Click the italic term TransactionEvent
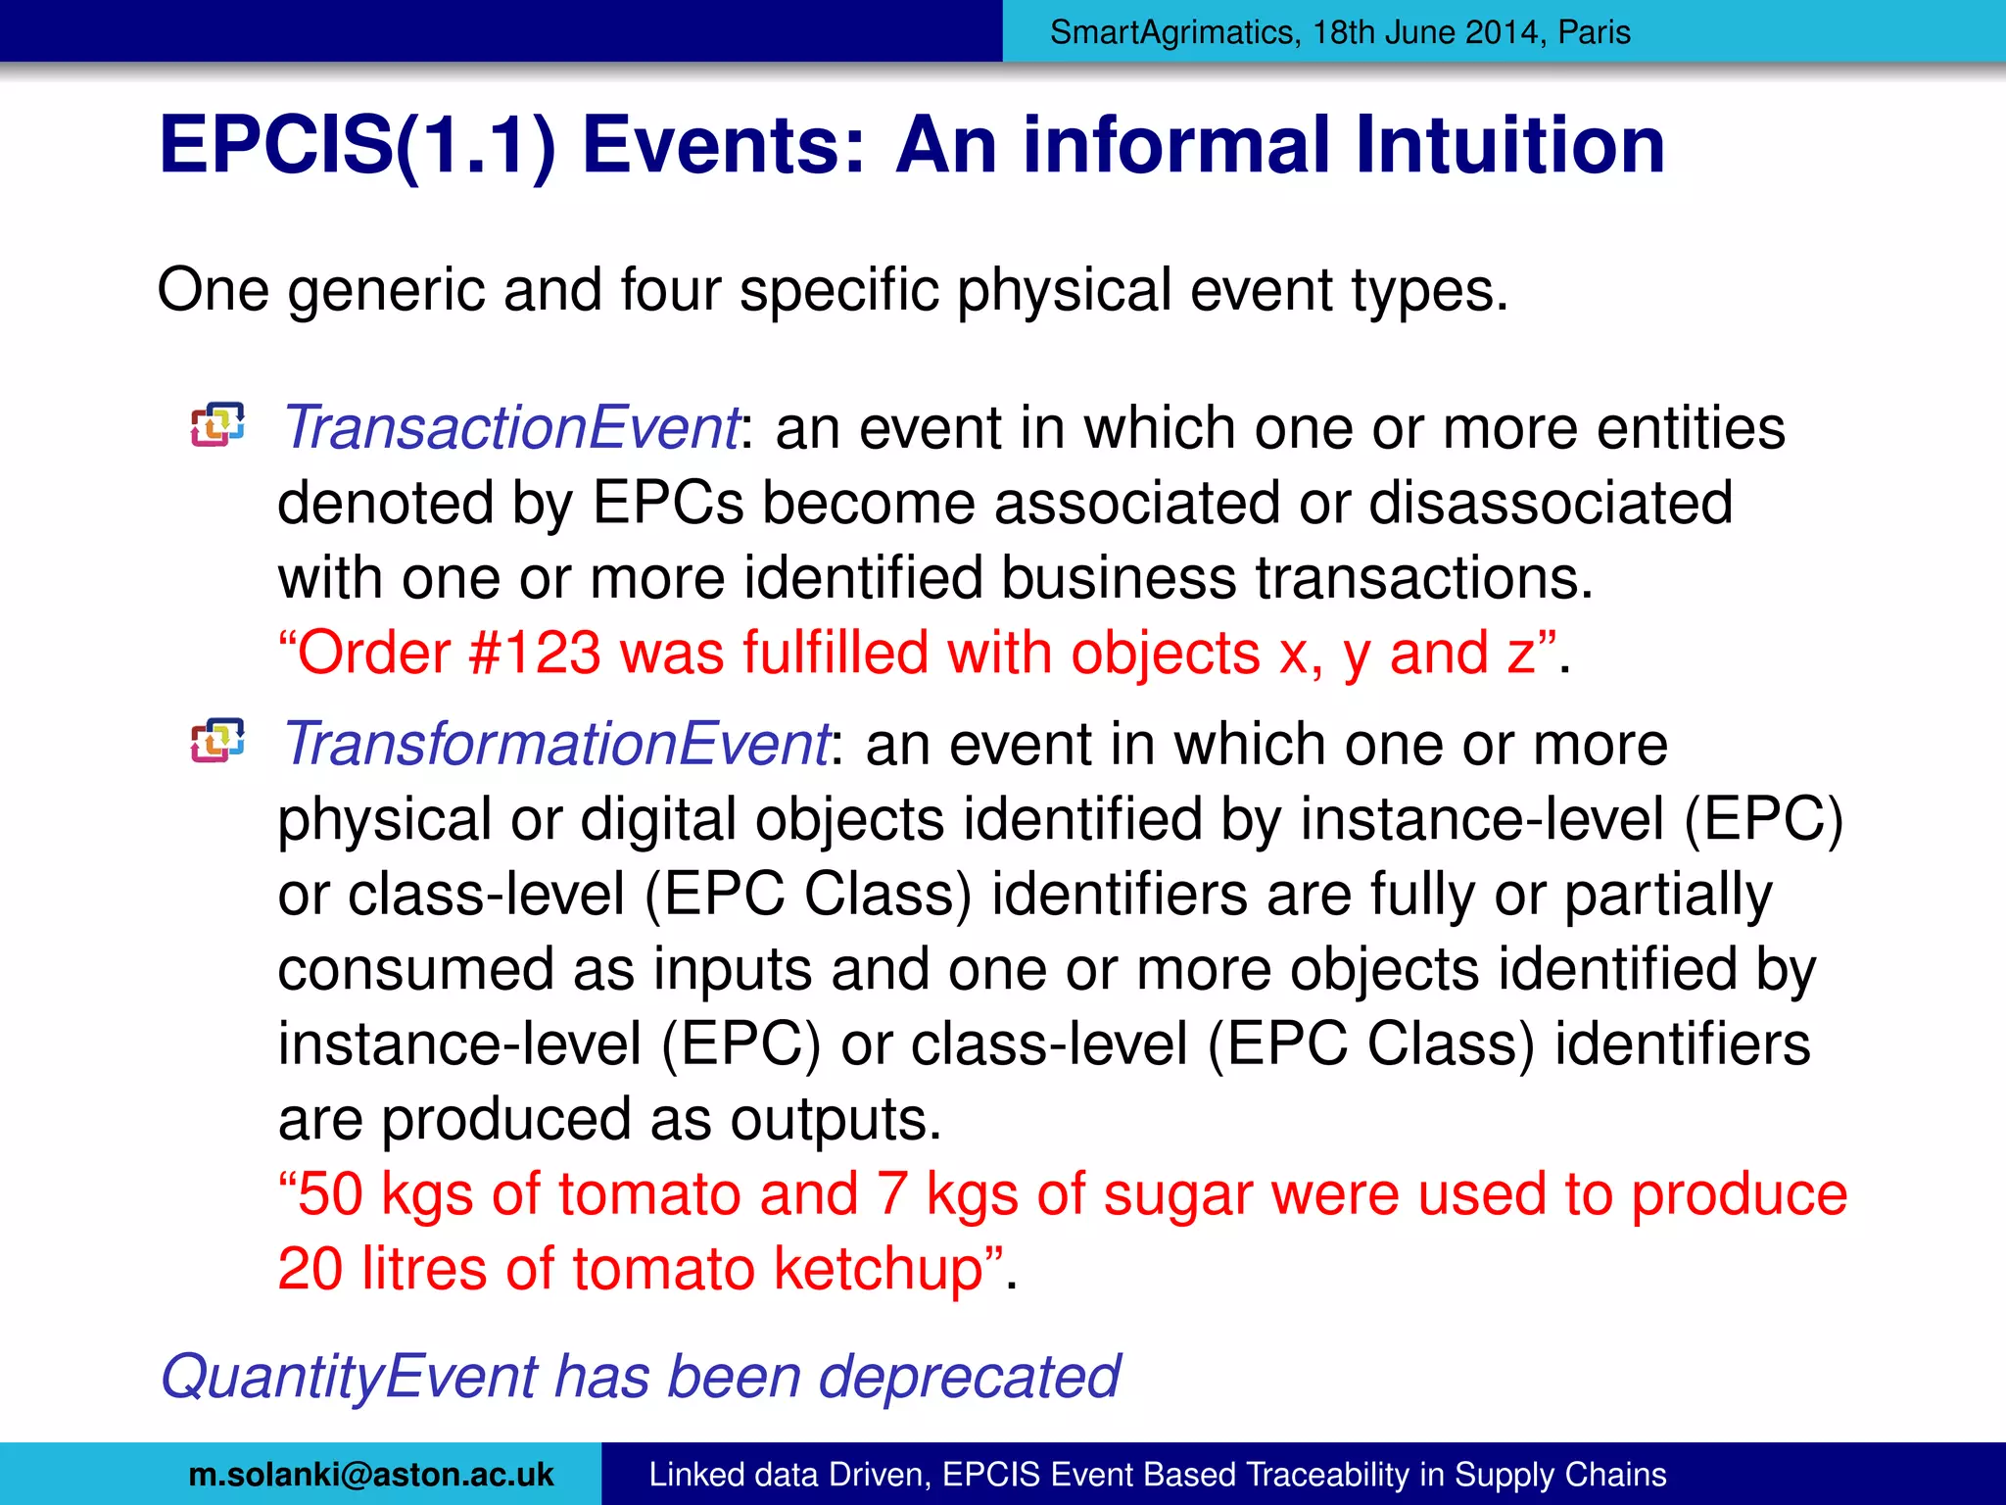tap(509, 429)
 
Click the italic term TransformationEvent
tap(555, 745)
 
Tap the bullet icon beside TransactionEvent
tap(217, 425)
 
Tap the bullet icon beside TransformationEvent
tap(217, 741)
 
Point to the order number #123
tap(535, 654)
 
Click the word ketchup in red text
tap(879, 1269)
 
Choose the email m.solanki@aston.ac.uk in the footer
tap(371, 1475)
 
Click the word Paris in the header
tap(1594, 32)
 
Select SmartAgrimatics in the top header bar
tap(1171, 32)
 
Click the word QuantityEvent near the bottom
tap(349, 1377)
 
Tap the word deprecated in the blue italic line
tap(969, 1377)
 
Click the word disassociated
tap(1551, 504)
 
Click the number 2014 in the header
tap(1505, 32)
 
